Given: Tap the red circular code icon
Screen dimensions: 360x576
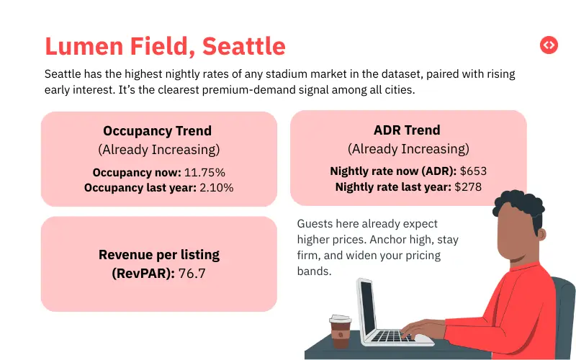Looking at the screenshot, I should pyautogui.click(x=549, y=45).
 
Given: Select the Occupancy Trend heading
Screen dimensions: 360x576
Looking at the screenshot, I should pyautogui.click(x=157, y=130).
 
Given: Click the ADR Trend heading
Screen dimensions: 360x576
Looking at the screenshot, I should pyautogui.click(x=408, y=130).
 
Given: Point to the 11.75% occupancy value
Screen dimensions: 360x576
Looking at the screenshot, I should pyautogui.click(x=204, y=173).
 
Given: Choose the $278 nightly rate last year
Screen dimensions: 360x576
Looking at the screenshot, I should pyautogui.click(x=467, y=186).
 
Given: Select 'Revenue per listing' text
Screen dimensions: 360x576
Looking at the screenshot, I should pyautogui.click(x=159, y=254).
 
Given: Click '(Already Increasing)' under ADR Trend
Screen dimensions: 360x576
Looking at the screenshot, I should pyautogui.click(x=408, y=149).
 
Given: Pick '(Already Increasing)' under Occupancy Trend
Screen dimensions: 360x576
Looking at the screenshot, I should pyautogui.click(x=158, y=149).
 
